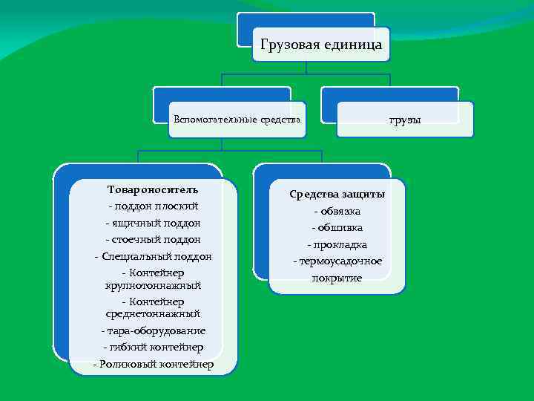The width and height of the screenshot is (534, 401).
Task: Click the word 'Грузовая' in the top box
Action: point(292,45)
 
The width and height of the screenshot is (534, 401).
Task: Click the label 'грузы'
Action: point(405,119)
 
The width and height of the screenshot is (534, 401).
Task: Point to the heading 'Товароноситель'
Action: point(153,189)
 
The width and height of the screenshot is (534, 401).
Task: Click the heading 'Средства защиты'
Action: point(337,195)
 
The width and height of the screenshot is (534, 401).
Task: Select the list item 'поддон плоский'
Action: point(155,206)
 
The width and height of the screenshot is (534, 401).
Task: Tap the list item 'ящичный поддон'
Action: point(156,223)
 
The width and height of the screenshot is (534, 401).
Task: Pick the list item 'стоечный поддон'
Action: point(156,239)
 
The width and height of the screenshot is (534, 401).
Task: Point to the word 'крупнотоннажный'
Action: point(153,285)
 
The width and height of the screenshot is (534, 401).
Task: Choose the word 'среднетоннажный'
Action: point(153,314)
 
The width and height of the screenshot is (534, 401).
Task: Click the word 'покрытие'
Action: point(337,278)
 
